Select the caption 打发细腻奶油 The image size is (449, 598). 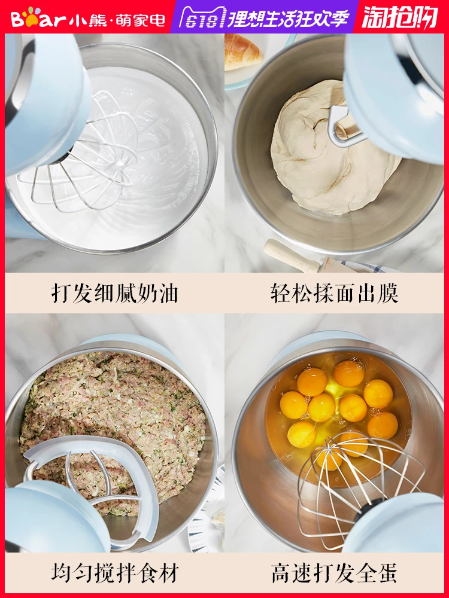point(114,294)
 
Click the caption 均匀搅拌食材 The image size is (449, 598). point(114,572)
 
